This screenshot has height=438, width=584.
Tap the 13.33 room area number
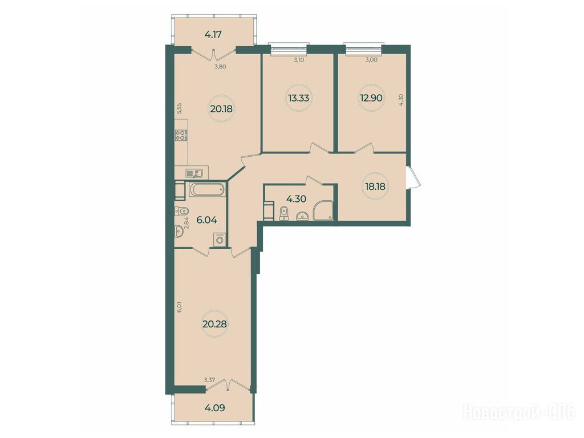[299, 98]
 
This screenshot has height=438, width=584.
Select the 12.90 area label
[371, 98]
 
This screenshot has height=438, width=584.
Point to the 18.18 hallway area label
[375, 186]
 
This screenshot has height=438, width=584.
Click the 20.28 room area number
[214, 324]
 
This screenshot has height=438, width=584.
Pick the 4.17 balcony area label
[213, 35]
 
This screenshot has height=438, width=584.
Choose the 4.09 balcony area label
[214, 408]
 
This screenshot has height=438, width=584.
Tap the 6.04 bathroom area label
[206, 220]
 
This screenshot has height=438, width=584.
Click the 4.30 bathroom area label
[296, 199]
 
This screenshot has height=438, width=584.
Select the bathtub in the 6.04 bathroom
[208, 190]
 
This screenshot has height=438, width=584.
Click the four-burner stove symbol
[181, 135]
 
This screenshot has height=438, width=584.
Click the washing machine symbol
[219, 240]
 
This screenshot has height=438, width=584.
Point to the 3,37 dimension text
[209, 380]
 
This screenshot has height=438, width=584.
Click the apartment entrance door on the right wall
[413, 178]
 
